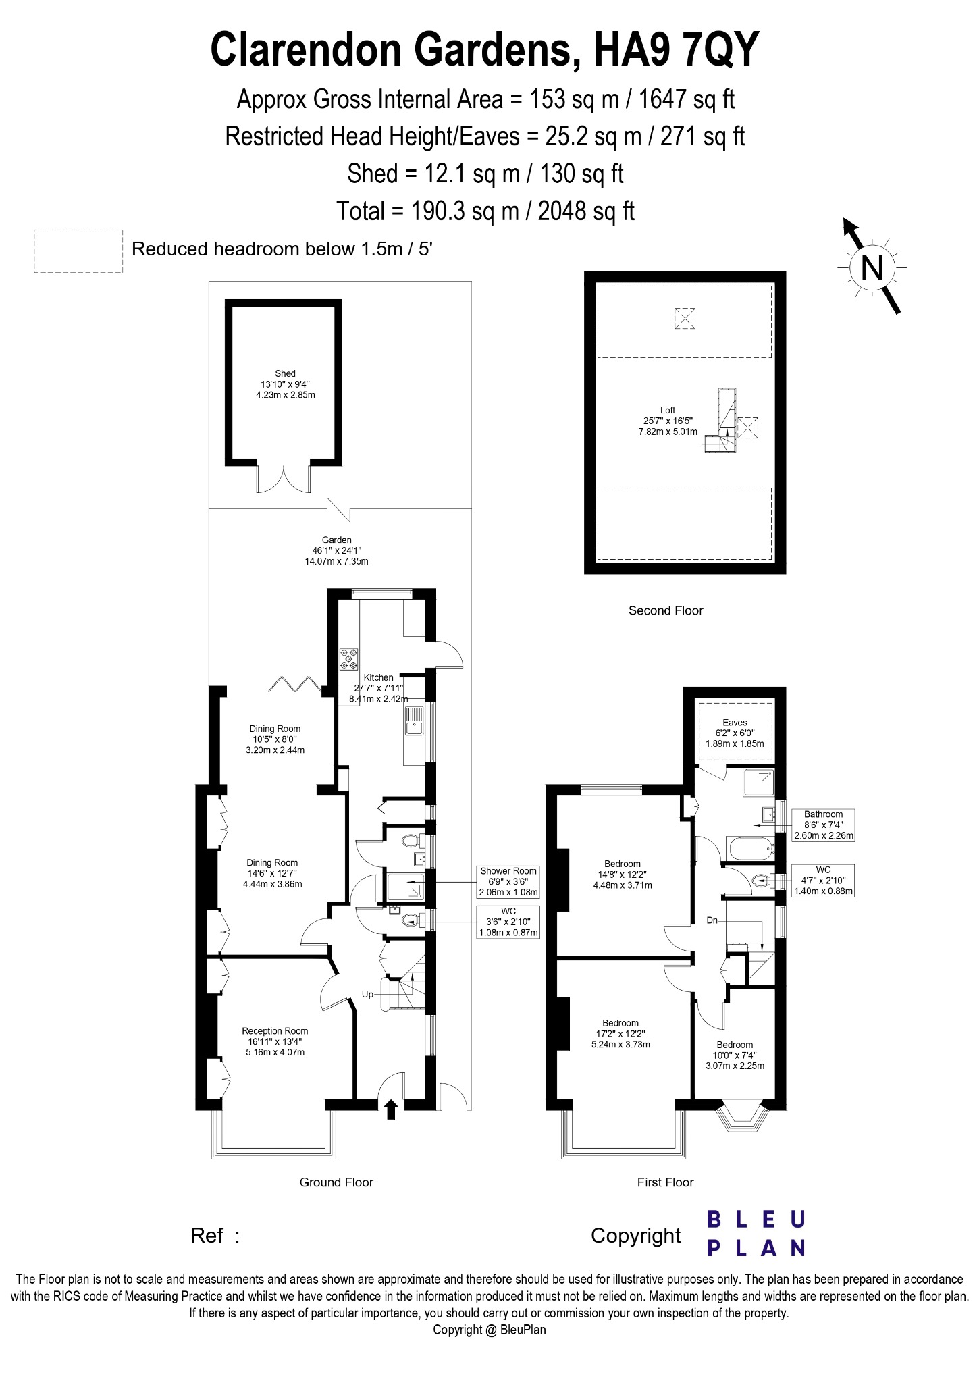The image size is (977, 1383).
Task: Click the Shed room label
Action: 285,373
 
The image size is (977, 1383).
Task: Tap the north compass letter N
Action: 872,268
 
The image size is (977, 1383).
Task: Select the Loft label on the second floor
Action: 668,410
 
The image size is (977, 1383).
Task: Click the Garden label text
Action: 336,540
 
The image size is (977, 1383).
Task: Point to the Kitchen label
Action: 378,677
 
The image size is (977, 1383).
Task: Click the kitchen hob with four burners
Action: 350,659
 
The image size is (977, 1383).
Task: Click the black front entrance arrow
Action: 390,1110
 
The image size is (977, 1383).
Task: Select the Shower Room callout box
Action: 508,881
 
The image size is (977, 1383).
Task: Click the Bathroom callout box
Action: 823,825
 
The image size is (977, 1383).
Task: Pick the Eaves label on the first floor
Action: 735,722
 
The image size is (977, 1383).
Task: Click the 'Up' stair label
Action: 368,994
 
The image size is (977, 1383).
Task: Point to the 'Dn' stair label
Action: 712,920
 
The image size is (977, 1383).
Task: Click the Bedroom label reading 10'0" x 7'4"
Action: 735,1055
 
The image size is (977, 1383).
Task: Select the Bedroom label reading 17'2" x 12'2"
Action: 620,1033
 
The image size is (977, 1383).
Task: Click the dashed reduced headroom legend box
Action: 78,251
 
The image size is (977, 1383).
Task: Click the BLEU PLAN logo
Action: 756,1233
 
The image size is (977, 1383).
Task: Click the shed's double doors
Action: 284,477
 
